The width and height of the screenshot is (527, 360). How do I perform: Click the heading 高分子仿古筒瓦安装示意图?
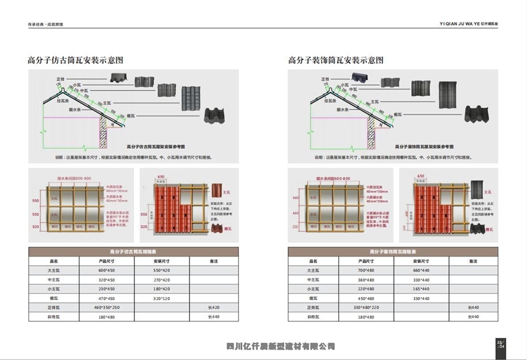point(76,60)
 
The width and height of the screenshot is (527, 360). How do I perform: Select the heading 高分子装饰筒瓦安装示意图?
point(336,60)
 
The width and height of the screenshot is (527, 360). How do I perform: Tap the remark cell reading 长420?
point(214,307)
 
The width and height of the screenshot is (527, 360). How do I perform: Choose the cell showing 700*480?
point(366,270)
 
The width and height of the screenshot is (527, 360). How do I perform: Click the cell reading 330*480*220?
point(366,307)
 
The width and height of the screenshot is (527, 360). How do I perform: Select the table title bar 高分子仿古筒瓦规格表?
point(134,251)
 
